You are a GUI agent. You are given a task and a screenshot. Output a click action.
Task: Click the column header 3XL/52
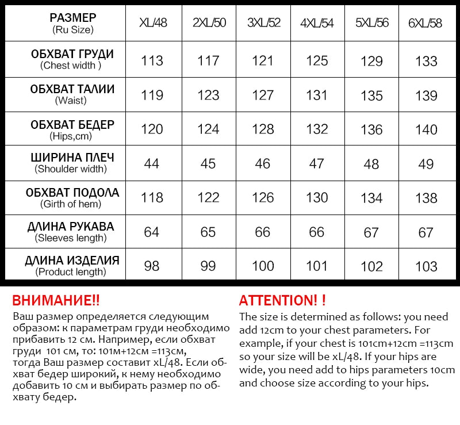[x=263, y=23]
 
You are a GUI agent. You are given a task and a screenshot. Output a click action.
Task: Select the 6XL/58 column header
[x=426, y=23]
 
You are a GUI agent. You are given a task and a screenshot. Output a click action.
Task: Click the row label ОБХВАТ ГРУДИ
[x=72, y=55]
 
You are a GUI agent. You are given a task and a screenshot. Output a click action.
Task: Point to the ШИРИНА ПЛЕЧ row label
[x=72, y=158]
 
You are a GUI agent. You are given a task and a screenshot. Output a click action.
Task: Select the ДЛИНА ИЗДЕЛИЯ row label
[x=72, y=261]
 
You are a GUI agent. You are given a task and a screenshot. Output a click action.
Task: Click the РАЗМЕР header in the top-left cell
[x=72, y=18]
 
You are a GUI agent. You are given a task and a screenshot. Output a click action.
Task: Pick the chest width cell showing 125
[x=317, y=61]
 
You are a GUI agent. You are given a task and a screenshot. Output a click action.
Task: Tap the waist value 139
[x=426, y=95]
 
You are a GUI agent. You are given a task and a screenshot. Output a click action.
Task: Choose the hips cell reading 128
[x=263, y=129]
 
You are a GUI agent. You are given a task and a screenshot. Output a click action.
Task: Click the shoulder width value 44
[x=152, y=164]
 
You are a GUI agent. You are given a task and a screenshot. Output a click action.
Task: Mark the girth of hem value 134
[x=371, y=198]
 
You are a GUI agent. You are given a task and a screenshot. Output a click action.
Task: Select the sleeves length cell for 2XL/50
[x=208, y=232]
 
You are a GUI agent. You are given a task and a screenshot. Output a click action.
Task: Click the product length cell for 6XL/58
[x=426, y=266]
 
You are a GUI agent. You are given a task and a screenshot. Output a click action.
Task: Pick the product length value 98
[x=152, y=266]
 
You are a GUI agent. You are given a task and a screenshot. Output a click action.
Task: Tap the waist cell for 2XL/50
[x=208, y=95]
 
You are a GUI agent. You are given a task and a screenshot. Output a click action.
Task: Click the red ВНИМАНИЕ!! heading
[x=56, y=300]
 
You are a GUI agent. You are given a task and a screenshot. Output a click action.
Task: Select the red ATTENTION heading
[x=282, y=300]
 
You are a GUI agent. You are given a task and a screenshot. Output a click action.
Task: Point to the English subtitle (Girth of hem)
[x=71, y=204]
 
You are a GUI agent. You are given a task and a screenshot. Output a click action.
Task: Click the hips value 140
[x=426, y=129]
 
